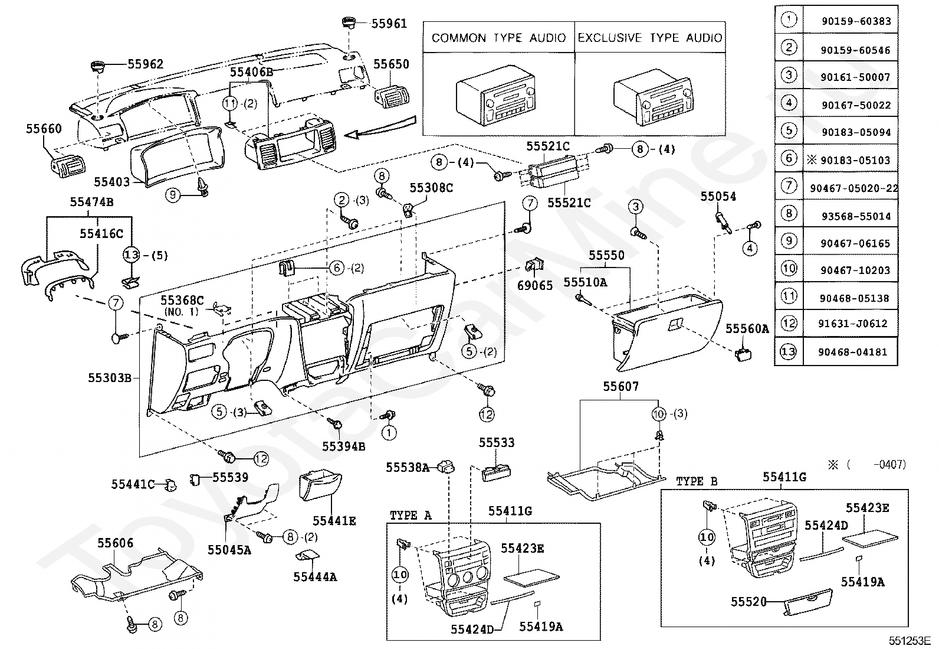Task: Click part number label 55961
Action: pyautogui.click(x=389, y=24)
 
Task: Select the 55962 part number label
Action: pyautogui.click(x=145, y=64)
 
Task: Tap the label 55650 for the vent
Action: pyautogui.click(x=391, y=64)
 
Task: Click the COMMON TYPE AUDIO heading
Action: pyautogui.click(x=498, y=38)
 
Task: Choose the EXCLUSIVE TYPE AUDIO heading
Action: pyautogui.click(x=650, y=38)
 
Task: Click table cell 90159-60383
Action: pyautogui.click(x=856, y=22)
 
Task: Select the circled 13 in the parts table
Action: pyautogui.click(x=789, y=352)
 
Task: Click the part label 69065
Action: pyautogui.click(x=535, y=286)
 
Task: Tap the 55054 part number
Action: pyautogui.click(x=718, y=197)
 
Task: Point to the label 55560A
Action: pyautogui.click(x=747, y=329)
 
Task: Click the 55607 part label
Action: pyautogui.click(x=620, y=387)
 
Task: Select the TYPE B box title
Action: pyautogui.click(x=697, y=481)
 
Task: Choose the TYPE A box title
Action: pyautogui.click(x=411, y=516)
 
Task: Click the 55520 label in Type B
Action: pyautogui.click(x=748, y=602)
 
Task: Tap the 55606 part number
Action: pyautogui.click(x=116, y=543)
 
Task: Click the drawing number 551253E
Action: pyautogui.click(x=910, y=640)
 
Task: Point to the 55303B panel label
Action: pyautogui.click(x=110, y=378)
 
